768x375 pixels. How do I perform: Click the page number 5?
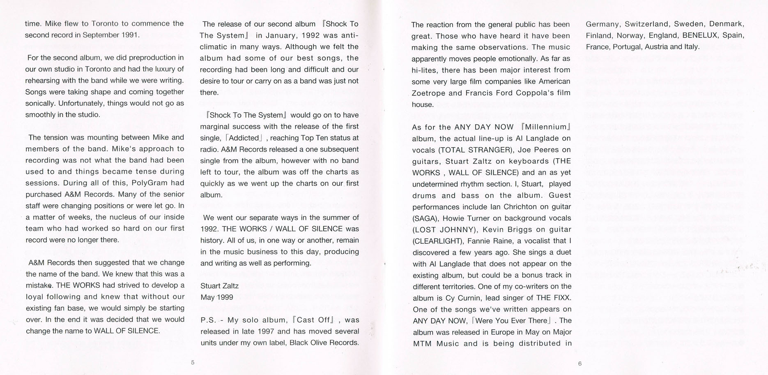pos(193,362)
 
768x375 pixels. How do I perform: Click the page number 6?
pos(579,363)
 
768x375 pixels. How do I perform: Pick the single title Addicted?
pos(244,138)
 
